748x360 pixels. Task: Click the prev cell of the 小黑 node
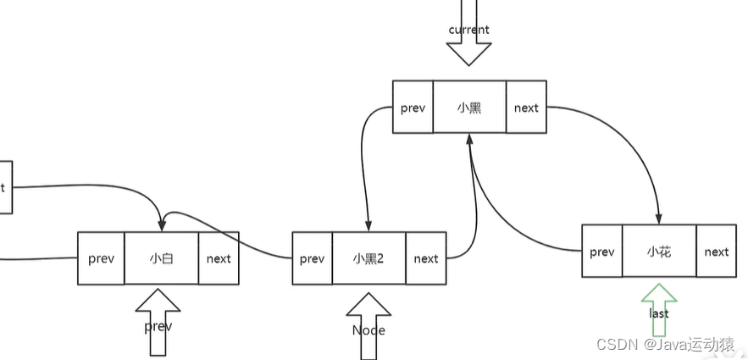(x=413, y=107)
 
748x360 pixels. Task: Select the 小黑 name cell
(x=469, y=107)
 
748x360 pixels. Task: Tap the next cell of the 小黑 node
(x=526, y=107)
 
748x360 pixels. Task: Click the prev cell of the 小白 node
(x=101, y=258)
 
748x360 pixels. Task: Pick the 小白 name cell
(x=161, y=258)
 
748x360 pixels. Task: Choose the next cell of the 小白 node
(x=219, y=258)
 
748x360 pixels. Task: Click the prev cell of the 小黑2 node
(x=312, y=258)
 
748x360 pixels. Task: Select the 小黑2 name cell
(x=368, y=258)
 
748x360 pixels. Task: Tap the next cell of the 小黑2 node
(x=426, y=258)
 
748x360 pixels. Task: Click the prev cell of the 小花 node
(x=601, y=251)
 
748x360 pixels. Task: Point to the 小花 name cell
(x=659, y=251)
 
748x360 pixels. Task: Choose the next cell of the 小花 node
(x=716, y=251)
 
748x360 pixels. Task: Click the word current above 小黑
(x=468, y=30)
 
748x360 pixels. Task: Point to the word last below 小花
(x=659, y=313)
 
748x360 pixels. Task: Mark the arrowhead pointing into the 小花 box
(x=658, y=219)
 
